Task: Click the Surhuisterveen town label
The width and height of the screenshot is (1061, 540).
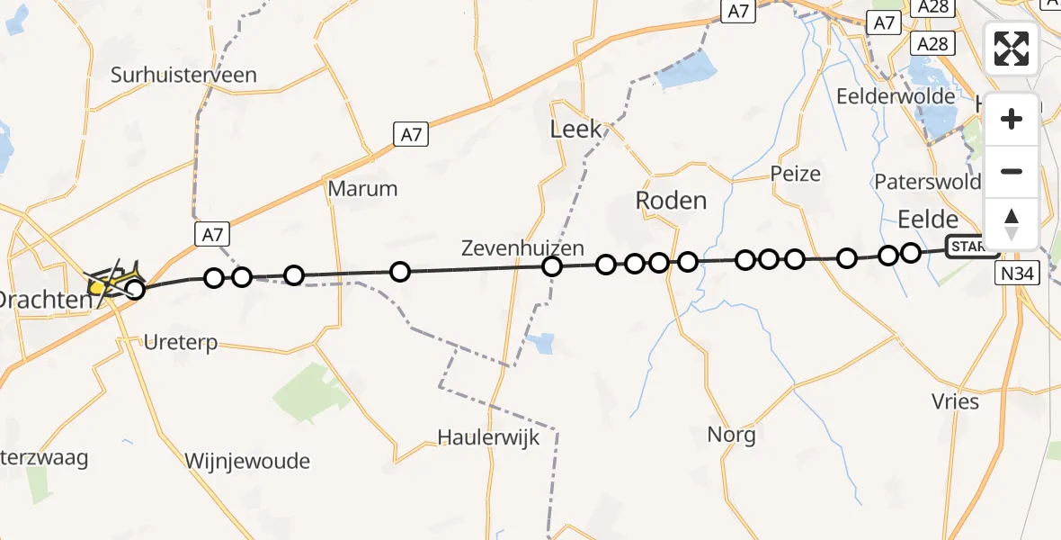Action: pos(183,75)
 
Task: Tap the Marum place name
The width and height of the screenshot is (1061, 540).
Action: pos(362,189)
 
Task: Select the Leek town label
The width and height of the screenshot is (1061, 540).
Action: pos(575,130)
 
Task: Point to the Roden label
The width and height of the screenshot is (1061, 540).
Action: pos(671,200)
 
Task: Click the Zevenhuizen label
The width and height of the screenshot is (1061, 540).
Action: pos(522,247)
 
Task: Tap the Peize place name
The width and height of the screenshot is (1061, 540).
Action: pos(796,174)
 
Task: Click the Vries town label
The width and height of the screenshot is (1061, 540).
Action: pos(956,400)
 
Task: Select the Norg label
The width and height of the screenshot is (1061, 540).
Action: pos(731,435)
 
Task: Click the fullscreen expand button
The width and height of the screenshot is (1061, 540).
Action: pos(1012,49)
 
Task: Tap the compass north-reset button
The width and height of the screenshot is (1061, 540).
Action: pos(1012,222)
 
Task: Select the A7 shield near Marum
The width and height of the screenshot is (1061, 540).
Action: pos(410,135)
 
